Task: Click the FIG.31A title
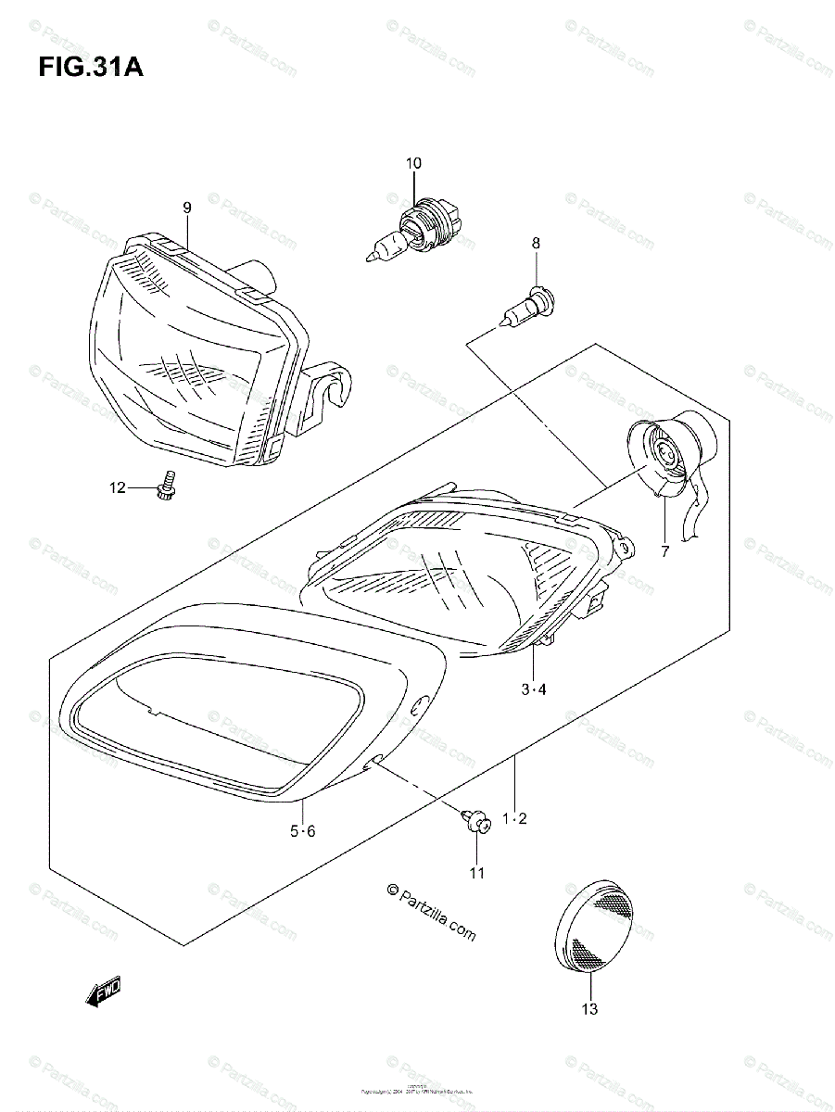[x=91, y=69]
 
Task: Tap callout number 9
[x=186, y=208]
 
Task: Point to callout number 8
[x=536, y=243]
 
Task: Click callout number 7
[x=664, y=552]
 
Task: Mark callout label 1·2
[x=514, y=817]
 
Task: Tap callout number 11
[x=476, y=872]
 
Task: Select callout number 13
[x=589, y=1009]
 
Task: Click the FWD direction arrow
[x=102, y=992]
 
